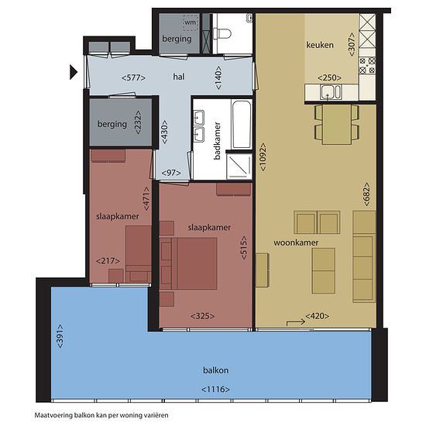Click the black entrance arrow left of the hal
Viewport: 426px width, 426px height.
click(x=73, y=72)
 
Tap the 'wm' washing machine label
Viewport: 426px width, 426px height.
click(x=191, y=22)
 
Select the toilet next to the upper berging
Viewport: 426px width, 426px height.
click(x=222, y=33)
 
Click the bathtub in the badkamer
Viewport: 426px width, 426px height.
click(x=242, y=124)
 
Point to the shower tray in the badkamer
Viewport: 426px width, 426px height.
click(x=239, y=166)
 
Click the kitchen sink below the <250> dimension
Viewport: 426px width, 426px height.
click(x=331, y=91)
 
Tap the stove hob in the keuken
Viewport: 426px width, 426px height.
click(x=367, y=66)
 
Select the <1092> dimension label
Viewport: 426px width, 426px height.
click(x=263, y=157)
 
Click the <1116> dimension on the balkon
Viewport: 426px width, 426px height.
click(x=215, y=390)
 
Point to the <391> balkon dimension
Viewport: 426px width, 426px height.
click(x=60, y=336)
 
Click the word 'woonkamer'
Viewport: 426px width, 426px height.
click(x=296, y=242)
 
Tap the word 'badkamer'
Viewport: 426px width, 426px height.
click(x=217, y=140)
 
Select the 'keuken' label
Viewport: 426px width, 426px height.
click(x=320, y=45)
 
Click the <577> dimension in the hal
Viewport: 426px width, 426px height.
click(x=133, y=78)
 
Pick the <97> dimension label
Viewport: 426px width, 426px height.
click(x=171, y=173)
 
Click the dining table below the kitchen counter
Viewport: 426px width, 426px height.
click(x=337, y=125)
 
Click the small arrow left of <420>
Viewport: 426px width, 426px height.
click(x=296, y=322)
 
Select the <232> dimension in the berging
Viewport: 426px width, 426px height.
click(x=138, y=122)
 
